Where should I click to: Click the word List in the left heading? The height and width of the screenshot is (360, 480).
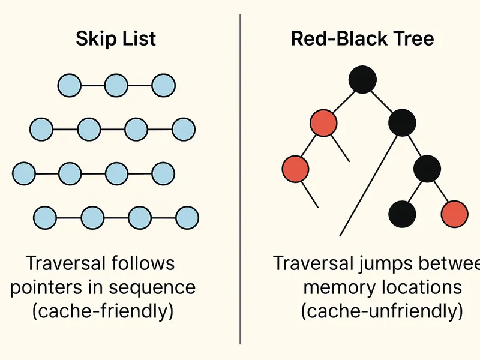137,39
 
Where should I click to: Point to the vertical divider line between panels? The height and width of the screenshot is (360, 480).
240,180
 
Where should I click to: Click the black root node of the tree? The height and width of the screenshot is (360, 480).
362,80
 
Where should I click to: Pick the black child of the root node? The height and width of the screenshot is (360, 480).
401,124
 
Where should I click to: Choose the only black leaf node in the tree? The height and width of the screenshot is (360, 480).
402,213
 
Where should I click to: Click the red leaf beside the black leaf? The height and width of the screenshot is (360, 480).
454,213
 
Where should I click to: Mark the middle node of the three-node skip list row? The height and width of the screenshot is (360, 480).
116,85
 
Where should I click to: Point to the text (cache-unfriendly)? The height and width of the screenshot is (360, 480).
383,311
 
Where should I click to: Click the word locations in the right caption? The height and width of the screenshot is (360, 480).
422,287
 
